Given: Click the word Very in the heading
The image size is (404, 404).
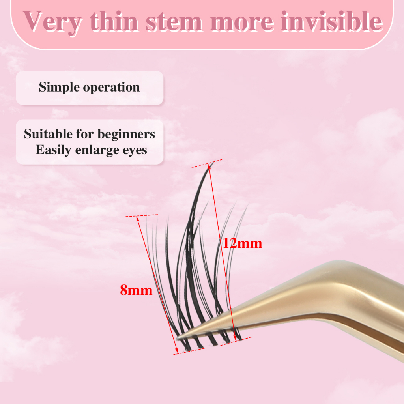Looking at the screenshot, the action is (x=52, y=22).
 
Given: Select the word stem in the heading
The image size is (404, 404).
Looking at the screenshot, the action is (x=174, y=22).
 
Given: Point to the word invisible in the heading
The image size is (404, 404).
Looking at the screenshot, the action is (x=332, y=21).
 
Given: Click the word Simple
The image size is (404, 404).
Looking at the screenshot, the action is (x=59, y=88).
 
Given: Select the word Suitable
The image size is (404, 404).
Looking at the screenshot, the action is (x=48, y=134).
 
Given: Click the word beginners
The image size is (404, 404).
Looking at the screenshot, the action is (x=126, y=135).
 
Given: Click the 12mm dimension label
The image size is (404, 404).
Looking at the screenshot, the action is (x=242, y=243).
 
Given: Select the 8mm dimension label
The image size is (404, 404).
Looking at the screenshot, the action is (x=136, y=290).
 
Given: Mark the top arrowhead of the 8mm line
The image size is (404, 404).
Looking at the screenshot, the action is (x=138, y=219).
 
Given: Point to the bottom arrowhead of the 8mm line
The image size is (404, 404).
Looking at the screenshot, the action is (x=177, y=351).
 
